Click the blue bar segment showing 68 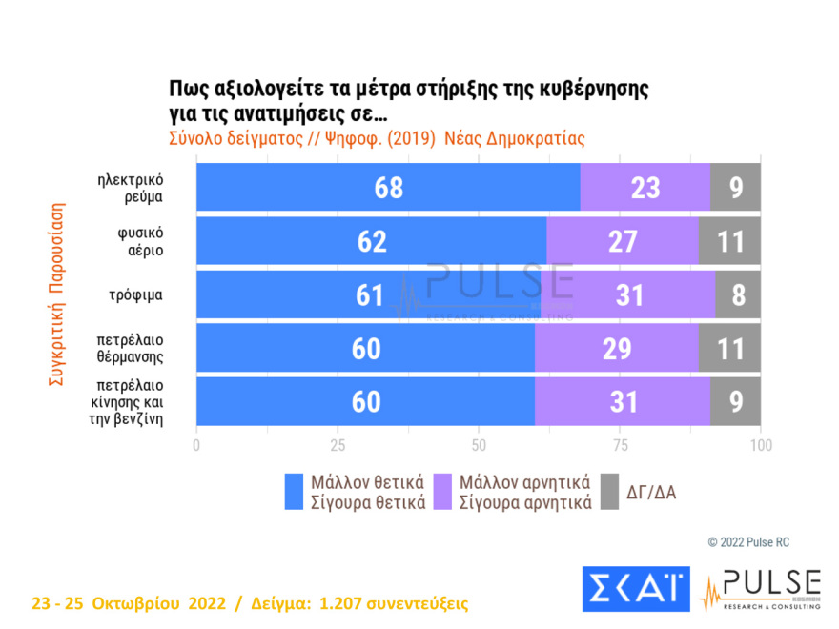click(x=388, y=188)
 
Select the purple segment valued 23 click(x=645, y=188)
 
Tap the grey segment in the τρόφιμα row click(x=738, y=294)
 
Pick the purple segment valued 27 click(x=623, y=241)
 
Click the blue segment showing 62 click(x=372, y=241)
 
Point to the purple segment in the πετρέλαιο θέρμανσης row click(x=617, y=348)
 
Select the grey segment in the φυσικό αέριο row click(x=730, y=241)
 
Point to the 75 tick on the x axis click(x=620, y=444)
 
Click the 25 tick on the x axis click(x=338, y=444)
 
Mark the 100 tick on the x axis click(x=760, y=444)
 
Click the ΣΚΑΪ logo click(x=636, y=590)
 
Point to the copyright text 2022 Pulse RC click(x=748, y=542)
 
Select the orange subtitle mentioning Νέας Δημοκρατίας click(x=376, y=137)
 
